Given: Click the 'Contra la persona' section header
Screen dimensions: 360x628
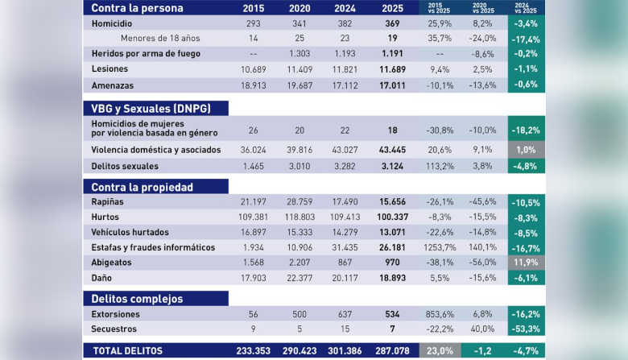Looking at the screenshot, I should pos(137,9).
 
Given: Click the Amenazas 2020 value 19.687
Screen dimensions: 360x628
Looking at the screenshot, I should pos(299,85).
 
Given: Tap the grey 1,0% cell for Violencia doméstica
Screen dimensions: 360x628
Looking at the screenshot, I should pos(526,150).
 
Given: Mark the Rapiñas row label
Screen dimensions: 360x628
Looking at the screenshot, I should pos(108,201).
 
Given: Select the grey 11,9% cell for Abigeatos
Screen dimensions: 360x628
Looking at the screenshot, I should pos(526,263).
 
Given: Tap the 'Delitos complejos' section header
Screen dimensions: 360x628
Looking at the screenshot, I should pos(137,299).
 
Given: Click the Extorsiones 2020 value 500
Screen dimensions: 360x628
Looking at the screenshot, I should pos(299,314).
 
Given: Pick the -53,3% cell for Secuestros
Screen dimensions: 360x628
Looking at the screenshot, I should pos(526,329).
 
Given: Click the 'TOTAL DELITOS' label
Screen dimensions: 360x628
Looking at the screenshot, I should pos(128,351).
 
